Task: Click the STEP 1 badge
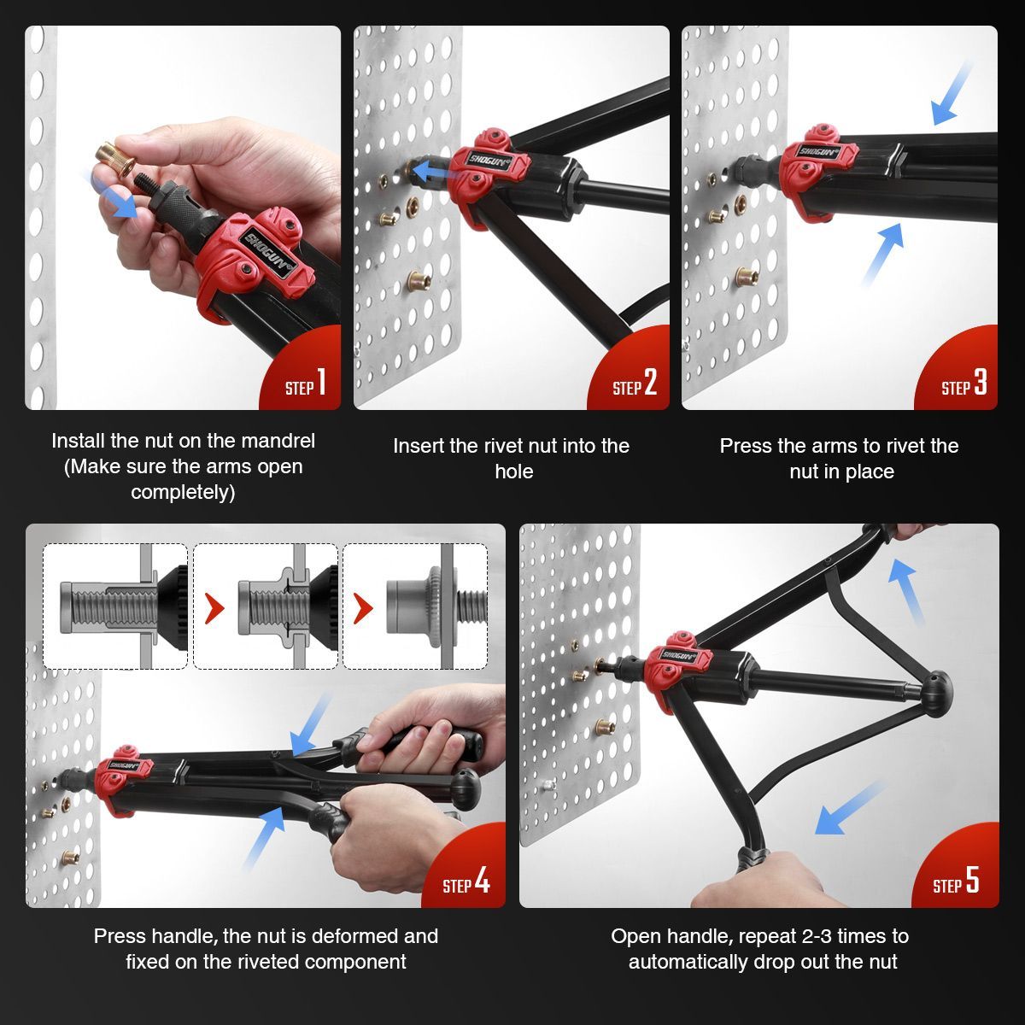click(305, 384)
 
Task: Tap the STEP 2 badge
click(635, 384)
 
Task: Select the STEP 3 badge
click(963, 384)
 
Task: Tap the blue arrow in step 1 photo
click(114, 195)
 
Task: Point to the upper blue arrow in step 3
click(950, 93)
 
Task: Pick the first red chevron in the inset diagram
click(214, 608)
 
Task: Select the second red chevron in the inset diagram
click(363, 608)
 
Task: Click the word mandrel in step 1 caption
click(278, 441)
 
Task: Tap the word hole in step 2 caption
click(513, 471)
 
